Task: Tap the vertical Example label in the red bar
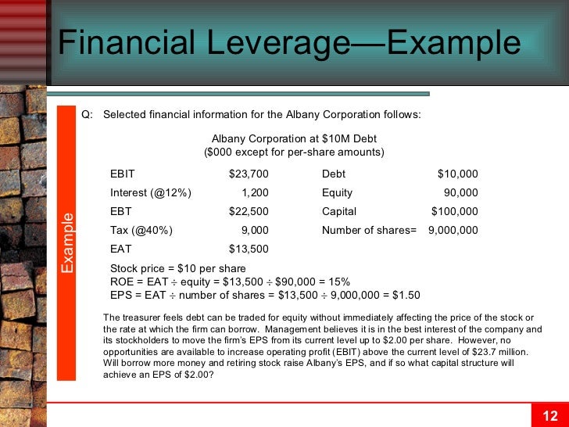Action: tap(68, 242)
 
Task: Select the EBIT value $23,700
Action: tap(249, 174)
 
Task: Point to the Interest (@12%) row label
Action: tap(151, 192)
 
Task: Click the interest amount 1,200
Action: tap(255, 192)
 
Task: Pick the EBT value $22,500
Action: tap(249, 211)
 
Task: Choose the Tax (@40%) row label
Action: tap(141, 230)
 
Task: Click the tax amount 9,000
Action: tap(255, 230)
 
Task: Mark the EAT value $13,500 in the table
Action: tap(249, 249)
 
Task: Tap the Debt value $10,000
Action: tap(457, 174)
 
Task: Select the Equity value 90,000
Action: tap(460, 192)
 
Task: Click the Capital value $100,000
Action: tap(454, 211)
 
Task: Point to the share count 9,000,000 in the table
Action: tap(453, 230)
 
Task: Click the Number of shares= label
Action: tap(369, 230)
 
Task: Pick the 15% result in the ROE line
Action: tap(340, 282)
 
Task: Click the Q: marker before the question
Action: tap(87, 114)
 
